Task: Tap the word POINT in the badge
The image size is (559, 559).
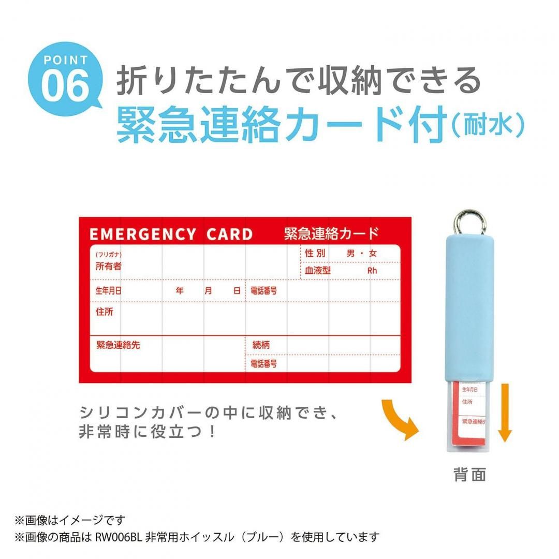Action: point(65,60)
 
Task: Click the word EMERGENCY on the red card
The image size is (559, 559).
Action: point(143,234)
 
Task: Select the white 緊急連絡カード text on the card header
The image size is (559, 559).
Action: point(331,234)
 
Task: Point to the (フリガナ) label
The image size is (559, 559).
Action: point(108,255)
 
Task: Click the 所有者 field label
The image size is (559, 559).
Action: point(108,267)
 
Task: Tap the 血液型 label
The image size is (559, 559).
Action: point(318,270)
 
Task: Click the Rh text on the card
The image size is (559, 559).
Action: point(372,271)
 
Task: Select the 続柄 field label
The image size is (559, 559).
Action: point(261,345)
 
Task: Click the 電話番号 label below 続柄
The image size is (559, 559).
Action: point(263,364)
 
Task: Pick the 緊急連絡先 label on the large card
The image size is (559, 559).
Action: point(118,345)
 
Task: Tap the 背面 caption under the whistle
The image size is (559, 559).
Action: point(470,475)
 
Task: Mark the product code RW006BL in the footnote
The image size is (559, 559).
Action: point(115,537)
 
